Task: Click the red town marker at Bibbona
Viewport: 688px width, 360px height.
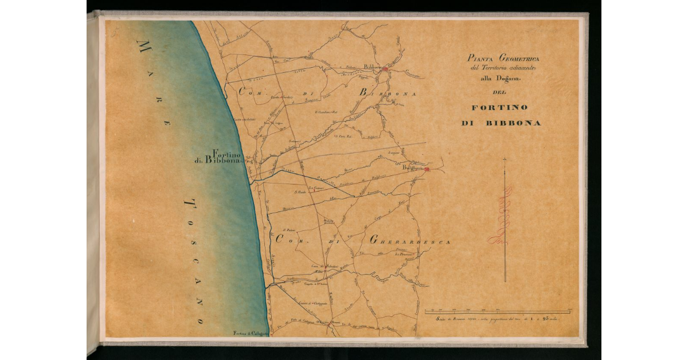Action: click(x=386, y=69)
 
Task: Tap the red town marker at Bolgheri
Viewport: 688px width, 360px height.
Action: click(x=427, y=169)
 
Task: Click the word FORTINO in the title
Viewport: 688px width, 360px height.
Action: click(x=500, y=107)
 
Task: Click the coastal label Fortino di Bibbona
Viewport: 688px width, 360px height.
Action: click(x=221, y=157)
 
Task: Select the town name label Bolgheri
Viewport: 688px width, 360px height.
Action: click(x=412, y=169)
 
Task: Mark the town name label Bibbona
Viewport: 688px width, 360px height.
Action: click(x=373, y=67)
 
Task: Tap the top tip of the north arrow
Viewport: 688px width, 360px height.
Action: click(x=505, y=159)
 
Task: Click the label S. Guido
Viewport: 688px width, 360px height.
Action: click(x=300, y=192)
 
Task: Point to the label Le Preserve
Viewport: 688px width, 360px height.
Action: click(x=404, y=253)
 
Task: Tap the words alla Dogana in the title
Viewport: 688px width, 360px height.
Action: click(x=498, y=79)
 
